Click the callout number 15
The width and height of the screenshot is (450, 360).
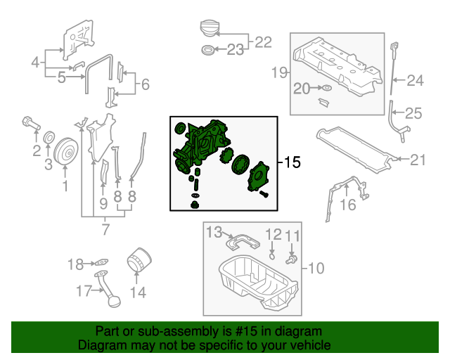[x=292, y=162]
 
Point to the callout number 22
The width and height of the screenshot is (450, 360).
[x=262, y=42]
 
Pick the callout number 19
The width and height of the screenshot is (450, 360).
[x=279, y=72]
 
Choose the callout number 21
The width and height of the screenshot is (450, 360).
[x=418, y=160]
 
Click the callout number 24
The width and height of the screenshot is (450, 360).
[x=416, y=81]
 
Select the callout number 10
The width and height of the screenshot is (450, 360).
[x=316, y=267]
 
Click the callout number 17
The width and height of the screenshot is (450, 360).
[x=84, y=291]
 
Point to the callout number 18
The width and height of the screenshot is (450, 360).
[x=75, y=264]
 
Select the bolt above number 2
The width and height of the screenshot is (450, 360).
[x=30, y=122]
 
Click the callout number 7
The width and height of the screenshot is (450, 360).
[x=105, y=229]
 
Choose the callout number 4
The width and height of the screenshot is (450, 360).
[x=35, y=63]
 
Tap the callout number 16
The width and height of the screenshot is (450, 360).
[x=348, y=205]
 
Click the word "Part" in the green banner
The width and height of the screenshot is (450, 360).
[x=108, y=331]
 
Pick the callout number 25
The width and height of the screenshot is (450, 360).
[x=413, y=112]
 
